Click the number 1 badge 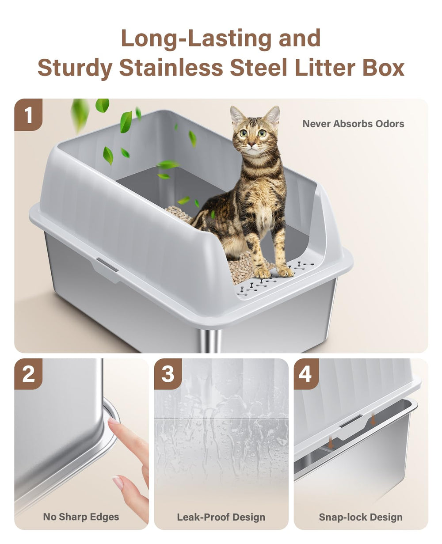coord(29,115)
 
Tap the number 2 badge coord(29,374)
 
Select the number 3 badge coord(168,374)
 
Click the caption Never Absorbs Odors coord(353,124)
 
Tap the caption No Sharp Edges coord(81,517)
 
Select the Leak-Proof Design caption coord(221,517)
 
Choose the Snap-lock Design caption coord(361,517)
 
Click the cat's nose coord(251,144)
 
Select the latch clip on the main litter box coord(107,264)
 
